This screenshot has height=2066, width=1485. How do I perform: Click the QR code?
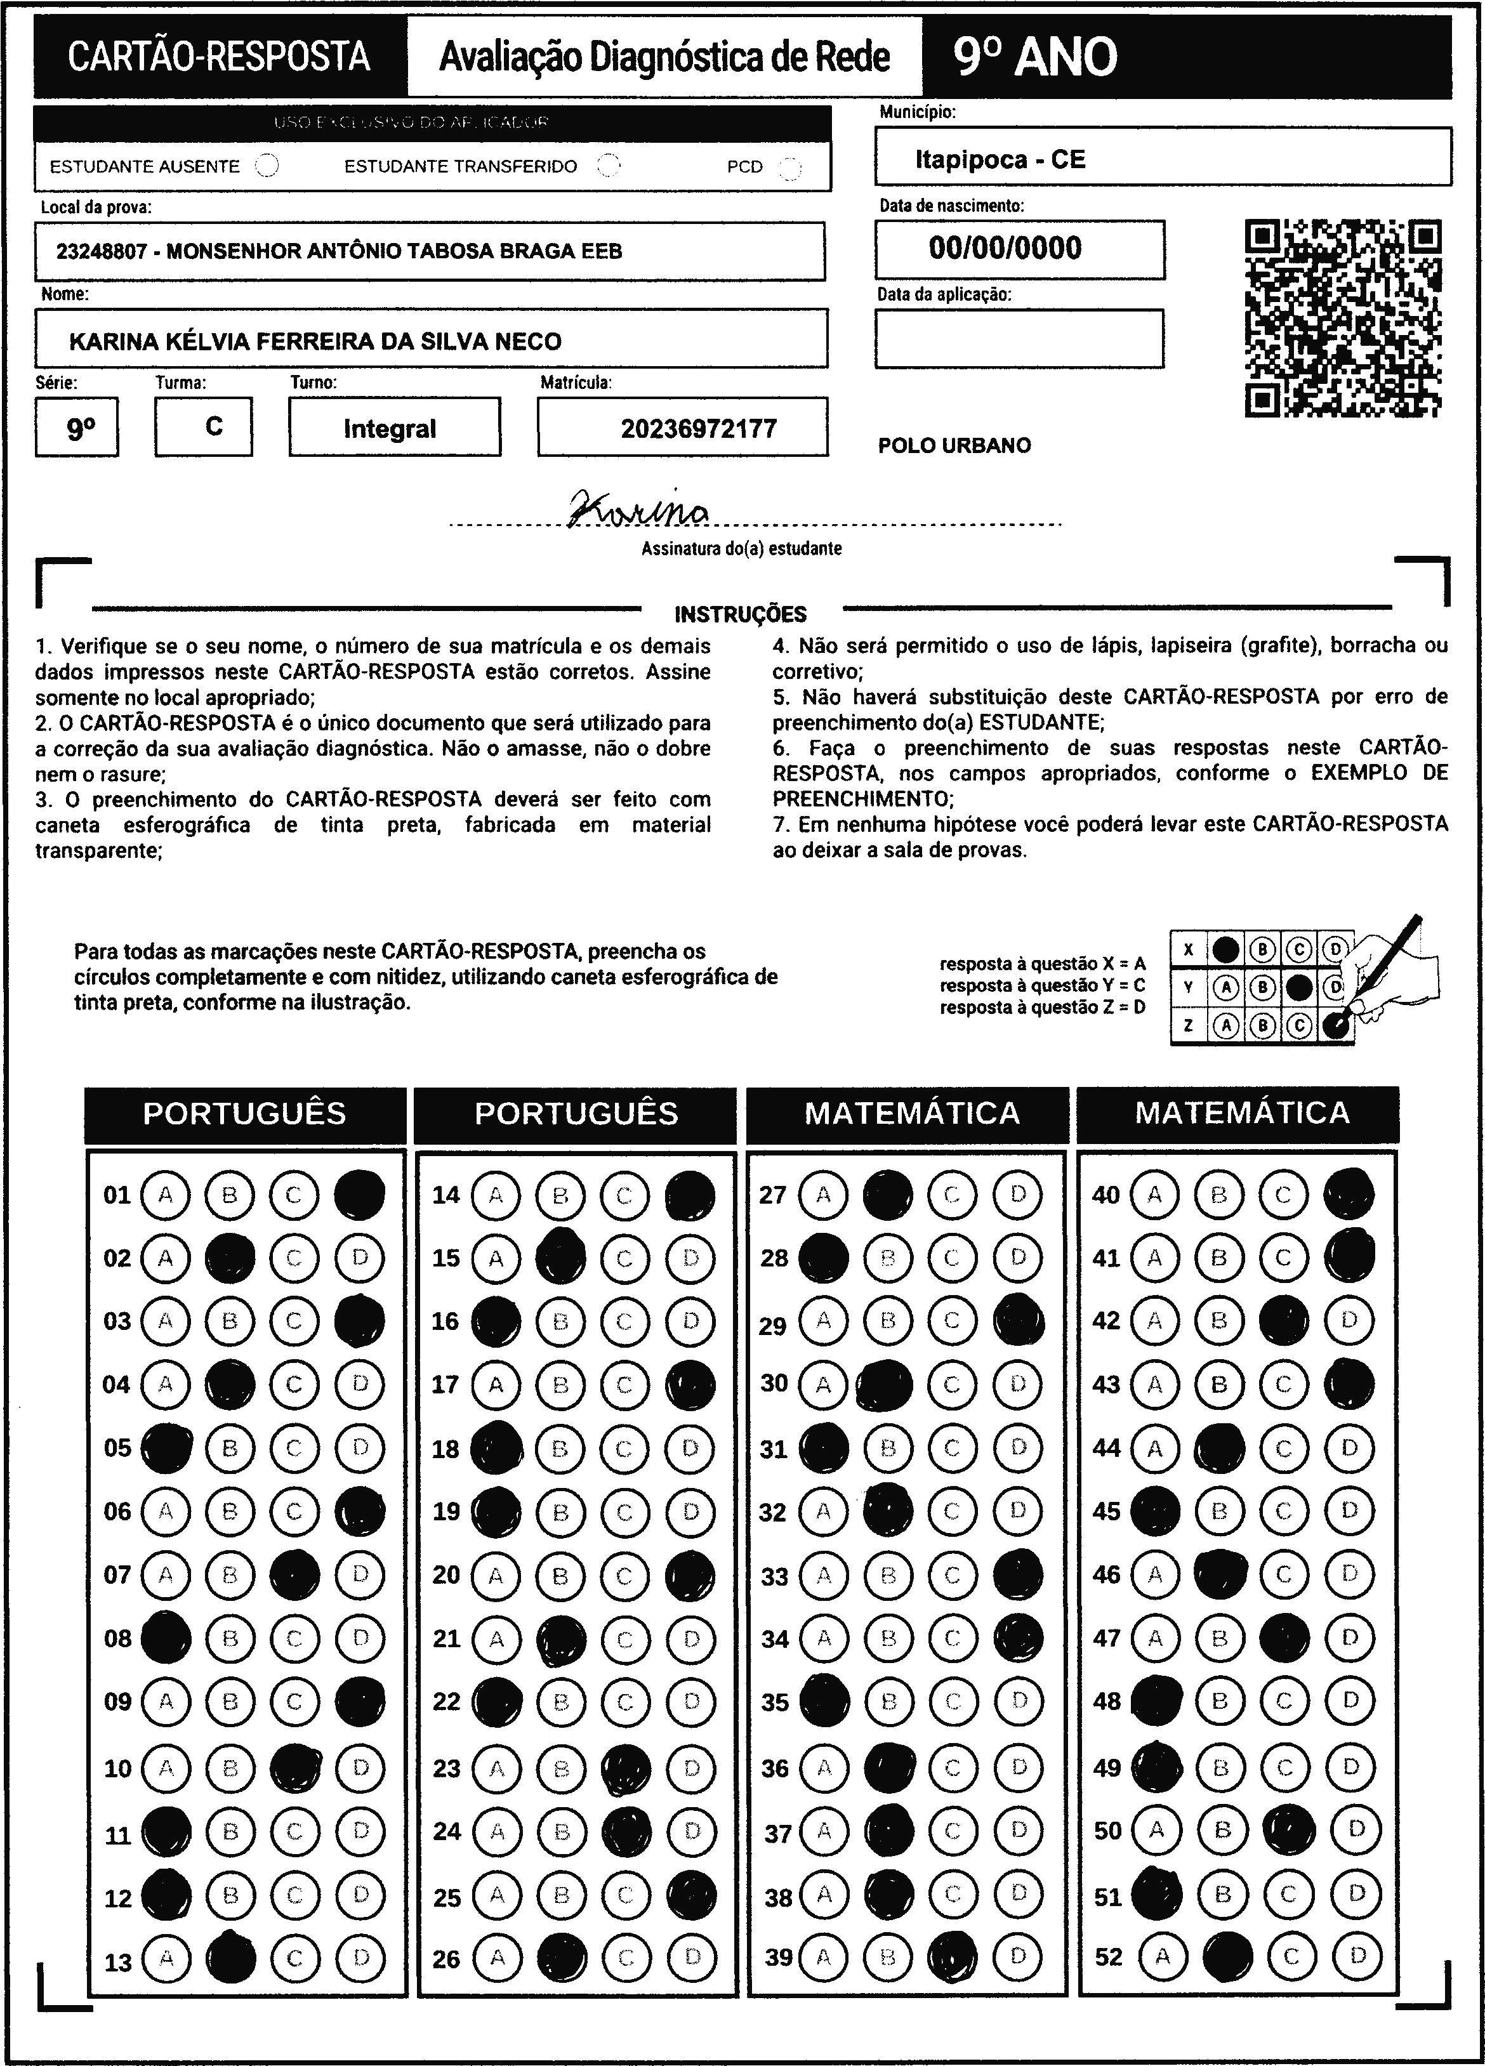tap(1343, 318)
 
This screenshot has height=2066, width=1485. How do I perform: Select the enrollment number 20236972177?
tap(699, 428)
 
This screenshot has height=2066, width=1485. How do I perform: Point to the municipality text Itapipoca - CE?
tap(1000, 159)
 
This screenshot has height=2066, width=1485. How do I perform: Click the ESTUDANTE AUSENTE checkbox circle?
tap(267, 166)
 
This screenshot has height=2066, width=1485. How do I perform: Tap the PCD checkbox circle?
tap(790, 168)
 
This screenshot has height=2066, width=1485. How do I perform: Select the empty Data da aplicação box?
tap(1019, 338)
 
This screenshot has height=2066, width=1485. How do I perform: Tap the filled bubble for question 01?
tap(359, 1194)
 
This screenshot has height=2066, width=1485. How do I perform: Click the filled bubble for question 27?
tap(887, 1194)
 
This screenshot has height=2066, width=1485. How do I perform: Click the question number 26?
tap(446, 1959)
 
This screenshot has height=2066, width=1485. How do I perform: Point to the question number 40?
tap(1105, 1194)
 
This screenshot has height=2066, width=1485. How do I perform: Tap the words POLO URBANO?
tap(954, 445)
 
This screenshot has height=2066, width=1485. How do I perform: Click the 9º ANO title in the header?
tap(1035, 56)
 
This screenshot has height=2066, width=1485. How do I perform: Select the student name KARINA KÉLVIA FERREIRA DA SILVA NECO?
tap(315, 341)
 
